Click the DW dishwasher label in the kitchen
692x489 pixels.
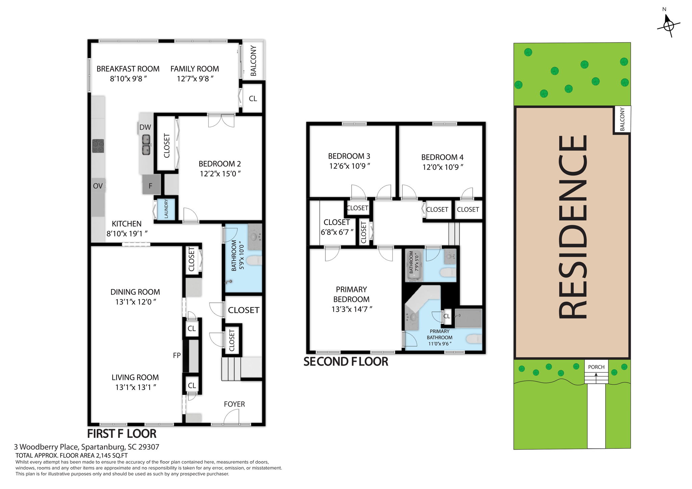pos(145,127)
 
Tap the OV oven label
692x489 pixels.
pos(98,186)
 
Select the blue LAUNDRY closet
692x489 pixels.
pos(166,209)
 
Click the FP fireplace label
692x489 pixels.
pos(177,355)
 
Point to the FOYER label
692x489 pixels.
pos(234,404)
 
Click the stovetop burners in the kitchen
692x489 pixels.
pos(98,146)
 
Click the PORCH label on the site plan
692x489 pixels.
pos(596,367)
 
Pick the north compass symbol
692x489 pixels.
pos(668,25)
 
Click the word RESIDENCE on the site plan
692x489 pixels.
pos(572,227)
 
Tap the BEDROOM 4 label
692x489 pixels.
pos(442,157)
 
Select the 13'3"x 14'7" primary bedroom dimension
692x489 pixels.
pos(351,309)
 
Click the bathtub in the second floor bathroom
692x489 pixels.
pos(414,266)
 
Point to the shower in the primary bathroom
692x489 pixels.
pos(468,318)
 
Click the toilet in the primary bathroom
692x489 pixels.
pos(474,339)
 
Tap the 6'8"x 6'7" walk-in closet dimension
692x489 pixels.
pos(337,232)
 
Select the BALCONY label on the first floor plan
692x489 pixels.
pos(253,61)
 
